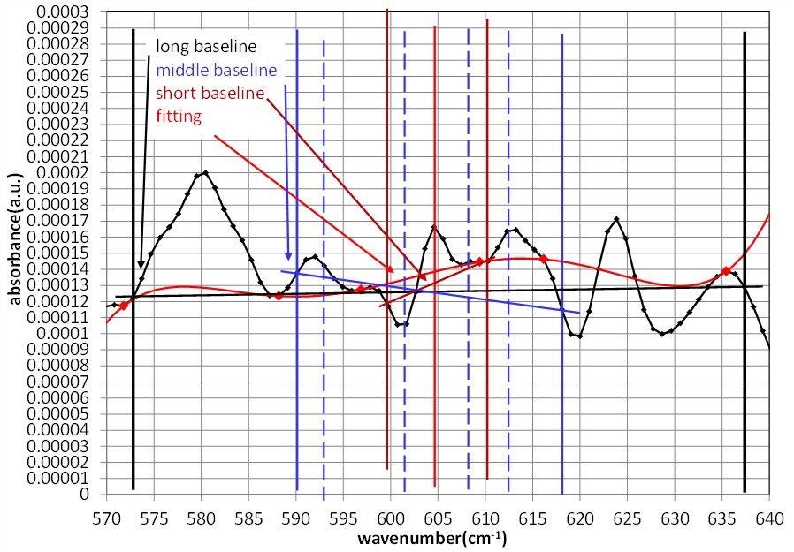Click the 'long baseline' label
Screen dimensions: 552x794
(206, 46)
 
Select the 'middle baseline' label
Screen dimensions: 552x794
(216, 70)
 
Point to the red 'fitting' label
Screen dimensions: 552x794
(179, 116)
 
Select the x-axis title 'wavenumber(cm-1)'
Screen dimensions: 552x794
(432, 538)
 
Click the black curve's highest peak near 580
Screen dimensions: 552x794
(205, 172)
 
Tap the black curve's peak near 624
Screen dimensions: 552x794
(616, 218)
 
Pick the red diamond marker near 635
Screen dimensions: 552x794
(726, 271)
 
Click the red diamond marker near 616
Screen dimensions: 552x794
(543, 259)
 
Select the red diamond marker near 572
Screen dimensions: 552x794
(124, 306)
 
